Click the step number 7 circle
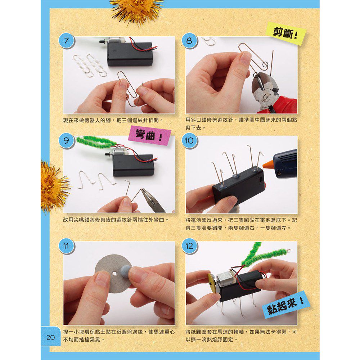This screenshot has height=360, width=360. coord(65,41)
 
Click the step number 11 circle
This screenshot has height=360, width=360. coord(65,246)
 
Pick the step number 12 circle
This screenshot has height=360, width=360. coord(189,246)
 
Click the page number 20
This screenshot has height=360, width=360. coord(50,337)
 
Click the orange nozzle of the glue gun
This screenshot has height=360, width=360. coord(268,165)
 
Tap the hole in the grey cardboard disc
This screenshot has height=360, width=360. coord(114,274)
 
